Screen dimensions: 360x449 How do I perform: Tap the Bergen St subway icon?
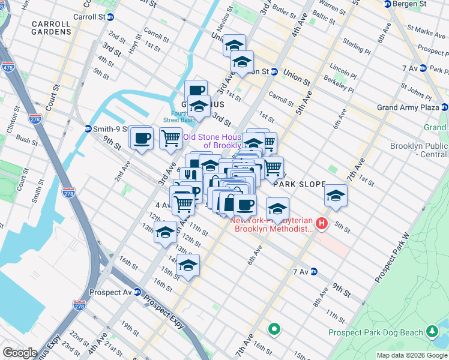point(388,4)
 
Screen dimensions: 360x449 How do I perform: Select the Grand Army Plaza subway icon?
point(444,107)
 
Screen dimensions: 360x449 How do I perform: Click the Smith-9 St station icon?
point(88,128)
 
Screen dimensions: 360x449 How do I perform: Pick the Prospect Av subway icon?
point(137,292)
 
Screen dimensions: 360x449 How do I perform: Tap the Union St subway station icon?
point(274,72)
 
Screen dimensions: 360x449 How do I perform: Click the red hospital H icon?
point(322,224)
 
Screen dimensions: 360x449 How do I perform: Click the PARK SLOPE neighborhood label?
point(299,185)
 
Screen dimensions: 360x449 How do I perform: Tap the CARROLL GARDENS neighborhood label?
point(52,29)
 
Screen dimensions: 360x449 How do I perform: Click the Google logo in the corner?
point(20,353)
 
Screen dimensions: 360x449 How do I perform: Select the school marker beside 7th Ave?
point(336,196)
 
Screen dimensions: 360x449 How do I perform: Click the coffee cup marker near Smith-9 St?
point(142,138)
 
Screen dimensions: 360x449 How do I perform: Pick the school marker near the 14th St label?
point(188,265)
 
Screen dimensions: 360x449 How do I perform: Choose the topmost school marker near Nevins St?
point(234,45)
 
